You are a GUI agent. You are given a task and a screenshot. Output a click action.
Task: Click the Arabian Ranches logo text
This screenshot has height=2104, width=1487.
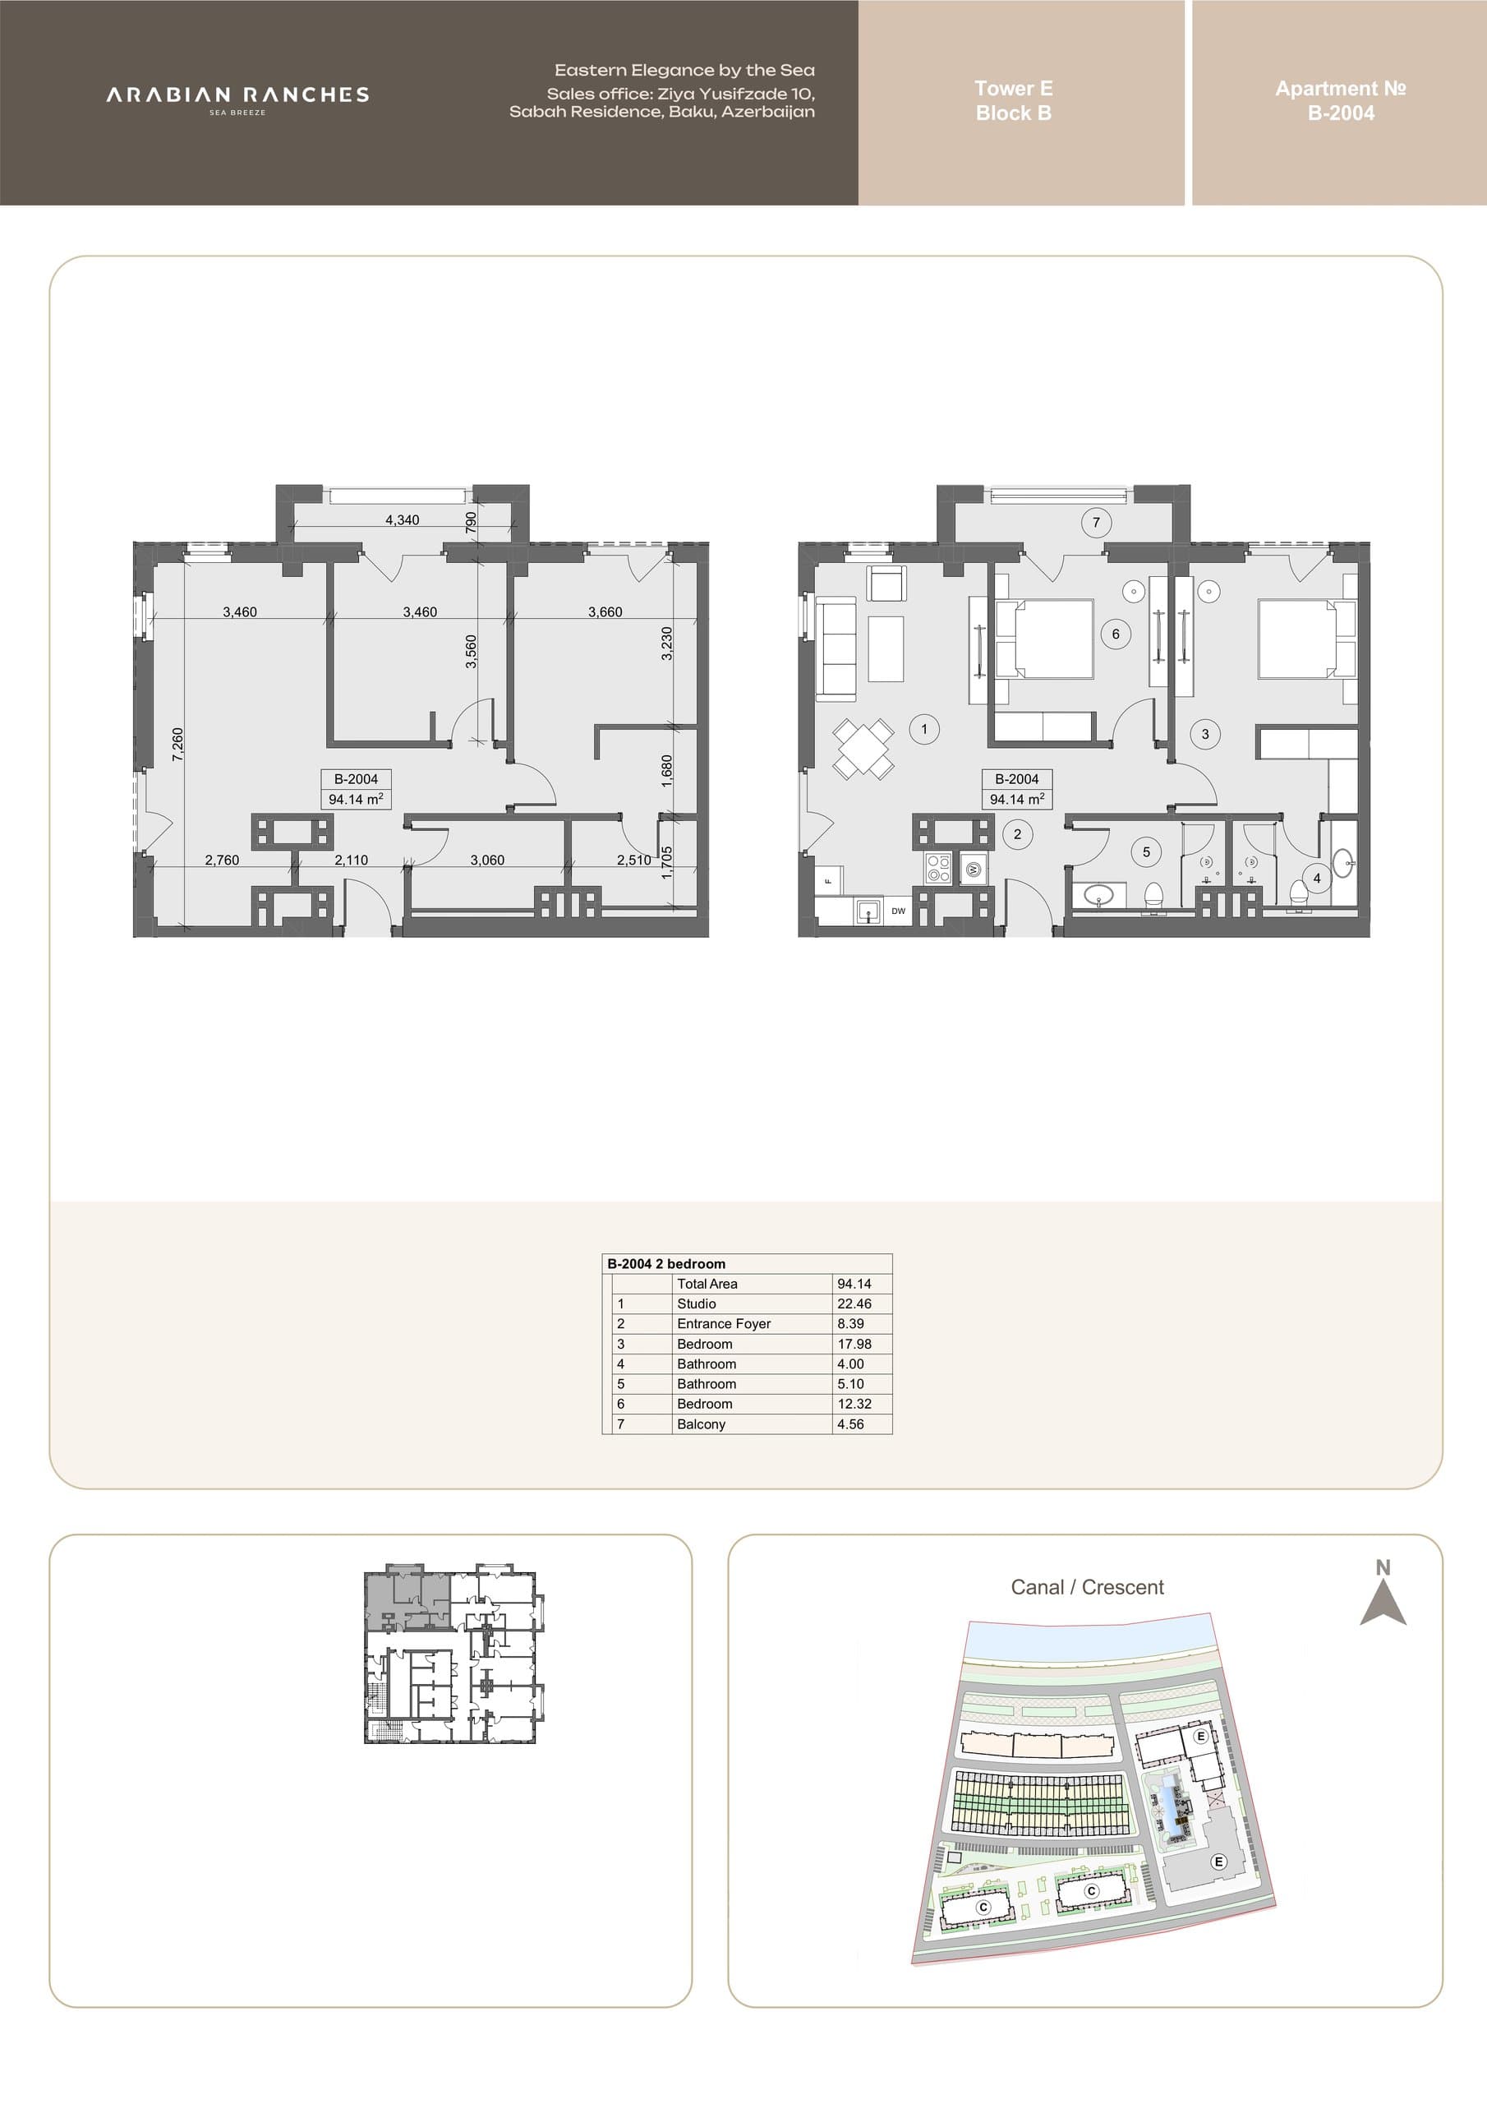coord(237,95)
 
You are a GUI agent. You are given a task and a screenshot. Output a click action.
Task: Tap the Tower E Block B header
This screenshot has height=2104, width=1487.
coord(1013,101)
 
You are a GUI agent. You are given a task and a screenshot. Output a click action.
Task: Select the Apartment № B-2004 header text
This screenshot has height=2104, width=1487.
coord(1341,101)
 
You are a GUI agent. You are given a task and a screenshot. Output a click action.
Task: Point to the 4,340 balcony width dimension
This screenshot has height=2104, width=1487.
coord(403,519)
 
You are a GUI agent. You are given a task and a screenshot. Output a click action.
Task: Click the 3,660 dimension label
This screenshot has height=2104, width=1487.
coord(605,611)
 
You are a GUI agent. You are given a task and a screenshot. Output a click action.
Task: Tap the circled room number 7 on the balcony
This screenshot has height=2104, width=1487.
coord(1096,523)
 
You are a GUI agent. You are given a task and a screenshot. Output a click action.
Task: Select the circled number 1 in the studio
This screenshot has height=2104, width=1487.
coord(923,730)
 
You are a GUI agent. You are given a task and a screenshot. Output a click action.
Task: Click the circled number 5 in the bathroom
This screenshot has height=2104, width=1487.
coord(1145,852)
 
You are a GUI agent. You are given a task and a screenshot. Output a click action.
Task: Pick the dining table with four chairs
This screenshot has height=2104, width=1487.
coord(863,749)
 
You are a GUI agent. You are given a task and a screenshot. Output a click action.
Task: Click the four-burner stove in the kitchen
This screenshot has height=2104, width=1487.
coord(938,867)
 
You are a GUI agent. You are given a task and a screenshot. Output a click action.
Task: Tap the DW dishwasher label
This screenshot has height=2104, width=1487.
coord(898,911)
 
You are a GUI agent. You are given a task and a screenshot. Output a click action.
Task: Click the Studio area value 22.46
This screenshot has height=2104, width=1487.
coord(854,1303)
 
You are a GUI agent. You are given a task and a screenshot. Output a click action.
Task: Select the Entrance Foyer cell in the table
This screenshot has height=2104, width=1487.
coord(724,1323)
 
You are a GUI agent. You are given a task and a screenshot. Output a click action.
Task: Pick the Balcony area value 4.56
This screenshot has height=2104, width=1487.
coord(850,1424)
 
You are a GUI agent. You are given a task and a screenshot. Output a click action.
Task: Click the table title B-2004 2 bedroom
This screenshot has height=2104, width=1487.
coord(666,1264)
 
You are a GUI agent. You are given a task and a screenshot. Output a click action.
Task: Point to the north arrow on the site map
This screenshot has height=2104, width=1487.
coord(1383,1603)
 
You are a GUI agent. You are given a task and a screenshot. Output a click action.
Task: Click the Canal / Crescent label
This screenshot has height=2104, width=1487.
coord(1087,1587)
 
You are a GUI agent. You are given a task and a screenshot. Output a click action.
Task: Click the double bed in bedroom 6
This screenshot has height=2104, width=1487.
coord(1044,639)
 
